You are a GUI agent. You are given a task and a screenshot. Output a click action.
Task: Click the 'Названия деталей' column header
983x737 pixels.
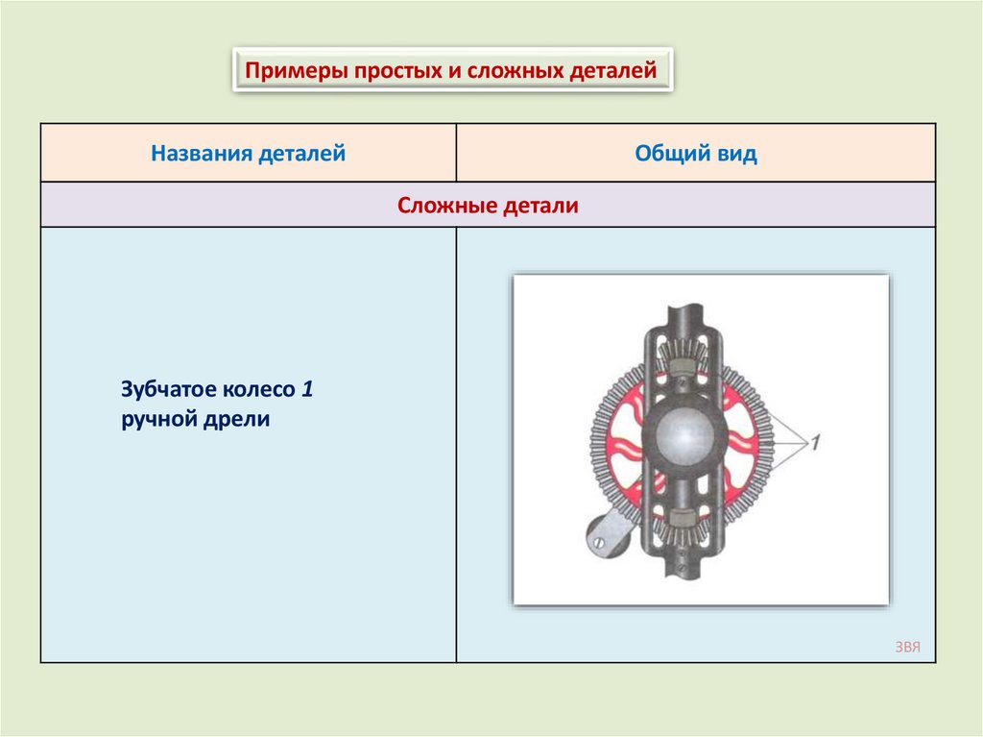pyautogui.click(x=248, y=153)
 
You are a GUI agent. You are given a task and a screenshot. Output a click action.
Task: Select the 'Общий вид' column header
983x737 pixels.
pyautogui.click(x=696, y=153)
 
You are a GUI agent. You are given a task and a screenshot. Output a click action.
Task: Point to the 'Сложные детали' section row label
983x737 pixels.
pyautogui.click(x=488, y=205)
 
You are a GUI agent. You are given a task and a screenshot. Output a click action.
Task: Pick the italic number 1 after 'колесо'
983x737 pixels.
pyautogui.click(x=307, y=390)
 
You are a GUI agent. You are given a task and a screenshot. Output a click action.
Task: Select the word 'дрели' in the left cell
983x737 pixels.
pyautogui.click(x=234, y=419)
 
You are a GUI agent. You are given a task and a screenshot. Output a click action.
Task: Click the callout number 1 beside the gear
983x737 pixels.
pyautogui.click(x=814, y=443)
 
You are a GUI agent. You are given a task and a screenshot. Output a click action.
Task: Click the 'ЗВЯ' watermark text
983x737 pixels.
pyautogui.click(x=907, y=647)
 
